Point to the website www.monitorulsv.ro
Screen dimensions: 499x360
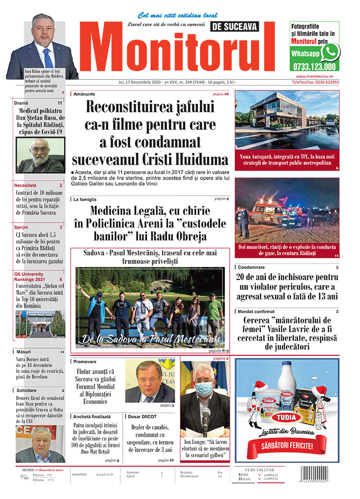pyautogui.click(x=317, y=76)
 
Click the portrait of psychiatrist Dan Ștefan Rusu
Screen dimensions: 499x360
pyautogui.click(x=39, y=155)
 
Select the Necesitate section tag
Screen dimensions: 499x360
pyautogui.click(x=25, y=185)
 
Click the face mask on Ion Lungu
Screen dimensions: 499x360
pyautogui.click(x=203, y=388)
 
